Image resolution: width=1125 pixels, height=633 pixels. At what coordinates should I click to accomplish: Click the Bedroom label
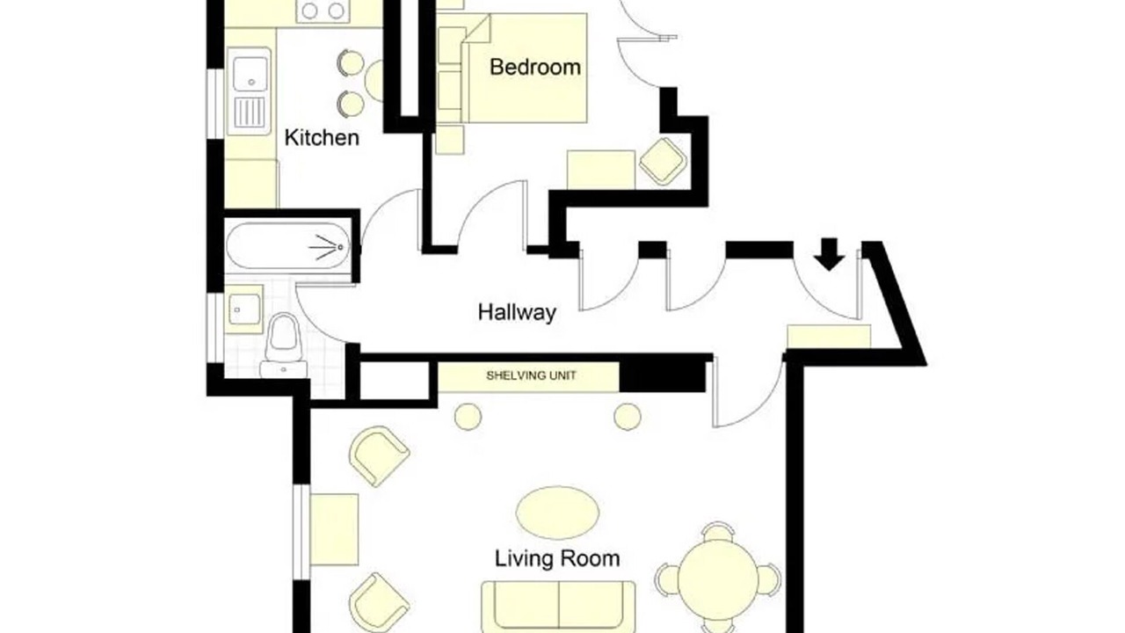click(x=535, y=68)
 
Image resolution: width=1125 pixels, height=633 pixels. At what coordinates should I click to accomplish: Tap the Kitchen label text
click(x=322, y=138)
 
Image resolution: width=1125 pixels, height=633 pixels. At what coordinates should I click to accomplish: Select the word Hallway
click(x=517, y=312)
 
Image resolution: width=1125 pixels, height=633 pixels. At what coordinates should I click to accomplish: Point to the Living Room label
click(x=557, y=558)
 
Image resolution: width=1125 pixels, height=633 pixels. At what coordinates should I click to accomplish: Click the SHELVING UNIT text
click(x=531, y=375)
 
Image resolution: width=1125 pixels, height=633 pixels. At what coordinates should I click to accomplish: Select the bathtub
click(x=287, y=247)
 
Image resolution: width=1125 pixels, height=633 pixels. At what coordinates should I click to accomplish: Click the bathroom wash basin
click(x=244, y=309)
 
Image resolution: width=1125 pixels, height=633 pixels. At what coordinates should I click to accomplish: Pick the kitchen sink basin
click(x=250, y=74)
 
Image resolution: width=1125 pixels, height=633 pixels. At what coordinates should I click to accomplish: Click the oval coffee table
click(x=557, y=513)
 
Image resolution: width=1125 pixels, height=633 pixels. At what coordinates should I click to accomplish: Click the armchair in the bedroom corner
click(x=663, y=161)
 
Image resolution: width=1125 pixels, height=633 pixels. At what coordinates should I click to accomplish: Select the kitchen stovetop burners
click(x=323, y=11)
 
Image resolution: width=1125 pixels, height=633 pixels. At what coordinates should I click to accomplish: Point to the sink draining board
click(x=250, y=112)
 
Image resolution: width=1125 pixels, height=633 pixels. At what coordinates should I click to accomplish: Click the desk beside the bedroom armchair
click(x=601, y=170)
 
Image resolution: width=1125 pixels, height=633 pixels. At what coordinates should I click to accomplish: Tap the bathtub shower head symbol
click(x=327, y=247)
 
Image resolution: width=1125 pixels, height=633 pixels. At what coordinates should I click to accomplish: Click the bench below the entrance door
click(x=829, y=336)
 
